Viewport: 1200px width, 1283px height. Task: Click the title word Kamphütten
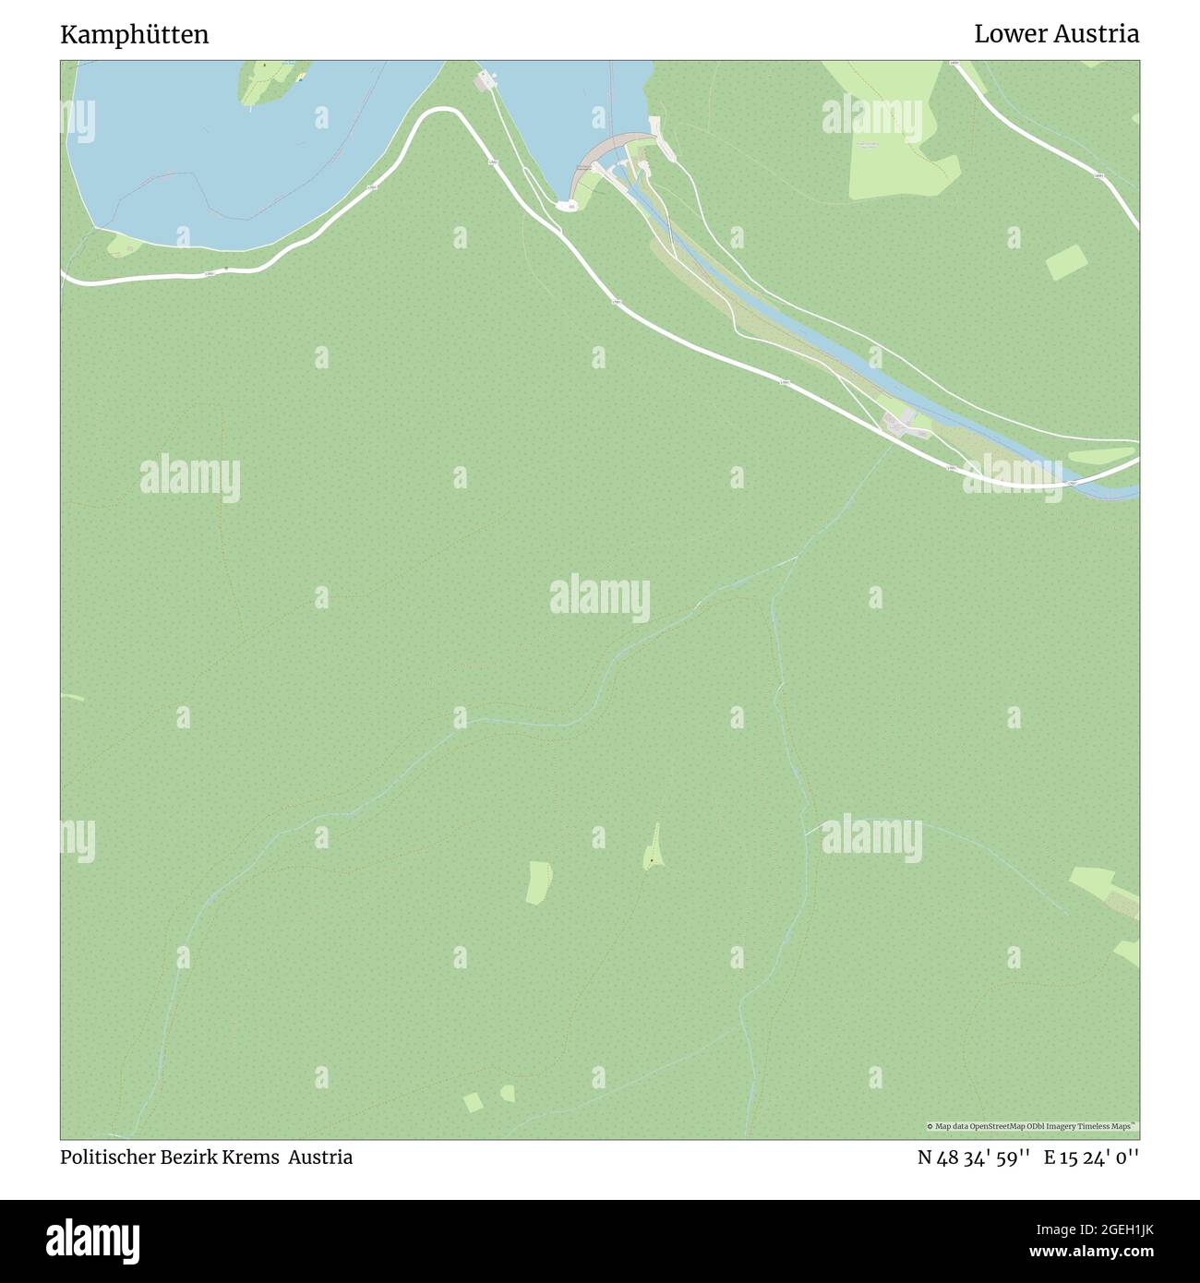135,35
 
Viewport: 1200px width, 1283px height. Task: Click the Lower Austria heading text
1056,34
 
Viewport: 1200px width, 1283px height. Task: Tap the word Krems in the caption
251,1157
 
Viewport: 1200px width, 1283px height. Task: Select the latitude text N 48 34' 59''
974,1157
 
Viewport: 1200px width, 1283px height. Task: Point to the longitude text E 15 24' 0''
1091,1157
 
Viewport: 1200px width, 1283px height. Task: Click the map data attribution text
1032,1126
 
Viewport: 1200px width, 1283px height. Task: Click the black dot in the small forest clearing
651,861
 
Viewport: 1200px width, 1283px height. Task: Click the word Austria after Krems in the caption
320,1157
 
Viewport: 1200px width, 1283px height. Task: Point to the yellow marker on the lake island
300,78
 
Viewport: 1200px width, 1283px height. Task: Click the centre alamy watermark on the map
600,597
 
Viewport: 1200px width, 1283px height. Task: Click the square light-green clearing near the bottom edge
473,1102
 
